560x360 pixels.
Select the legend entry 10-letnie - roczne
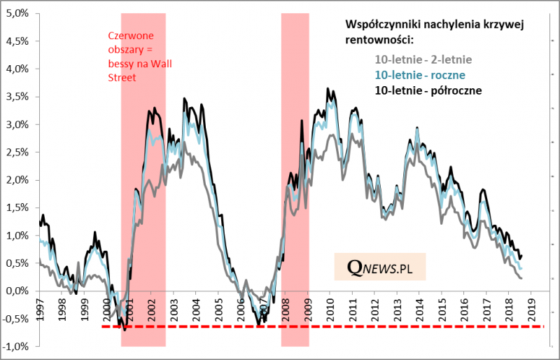click(x=421, y=74)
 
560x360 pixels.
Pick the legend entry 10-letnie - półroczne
click(x=429, y=90)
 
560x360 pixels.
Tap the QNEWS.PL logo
click(x=379, y=267)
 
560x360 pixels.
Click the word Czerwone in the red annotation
click(x=131, y=37)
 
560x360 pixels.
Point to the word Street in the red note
click(x=122, y=78)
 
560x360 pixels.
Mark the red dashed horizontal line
click(x=322, y=326)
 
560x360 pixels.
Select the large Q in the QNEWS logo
click(x=356, y=267)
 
